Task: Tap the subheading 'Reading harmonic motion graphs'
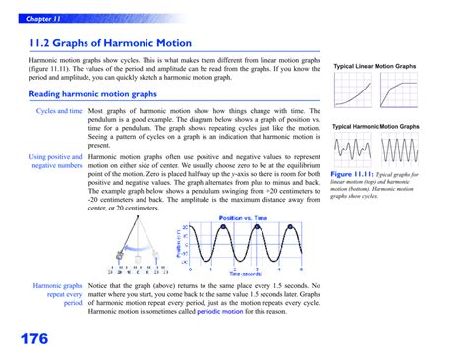(x=93, y=94)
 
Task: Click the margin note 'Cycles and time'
(x=59, y=112)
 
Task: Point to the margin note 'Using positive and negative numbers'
(x=55, y=161)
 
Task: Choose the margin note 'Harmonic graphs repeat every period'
(x=57, y=297)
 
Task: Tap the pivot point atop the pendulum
(x=136, y=218)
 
